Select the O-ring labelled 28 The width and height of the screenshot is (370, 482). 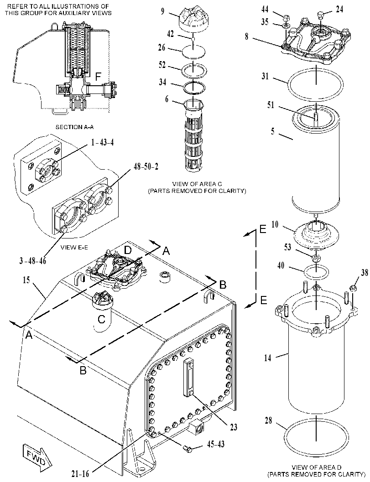coord(317,435)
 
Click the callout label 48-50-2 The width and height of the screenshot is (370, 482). coord(146,166)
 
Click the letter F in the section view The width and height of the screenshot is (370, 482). coord(98,77)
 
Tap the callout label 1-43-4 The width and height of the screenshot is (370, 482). coord(102,143)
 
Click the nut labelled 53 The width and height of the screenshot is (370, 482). coord(316,257)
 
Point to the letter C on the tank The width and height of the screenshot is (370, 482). coord(101,319)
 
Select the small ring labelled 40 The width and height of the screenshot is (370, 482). coord(316,272)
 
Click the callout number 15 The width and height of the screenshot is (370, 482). coord(26,280)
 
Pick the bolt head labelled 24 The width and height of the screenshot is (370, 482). coord(320,14)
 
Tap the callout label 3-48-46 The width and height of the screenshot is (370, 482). coord(32,261)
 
